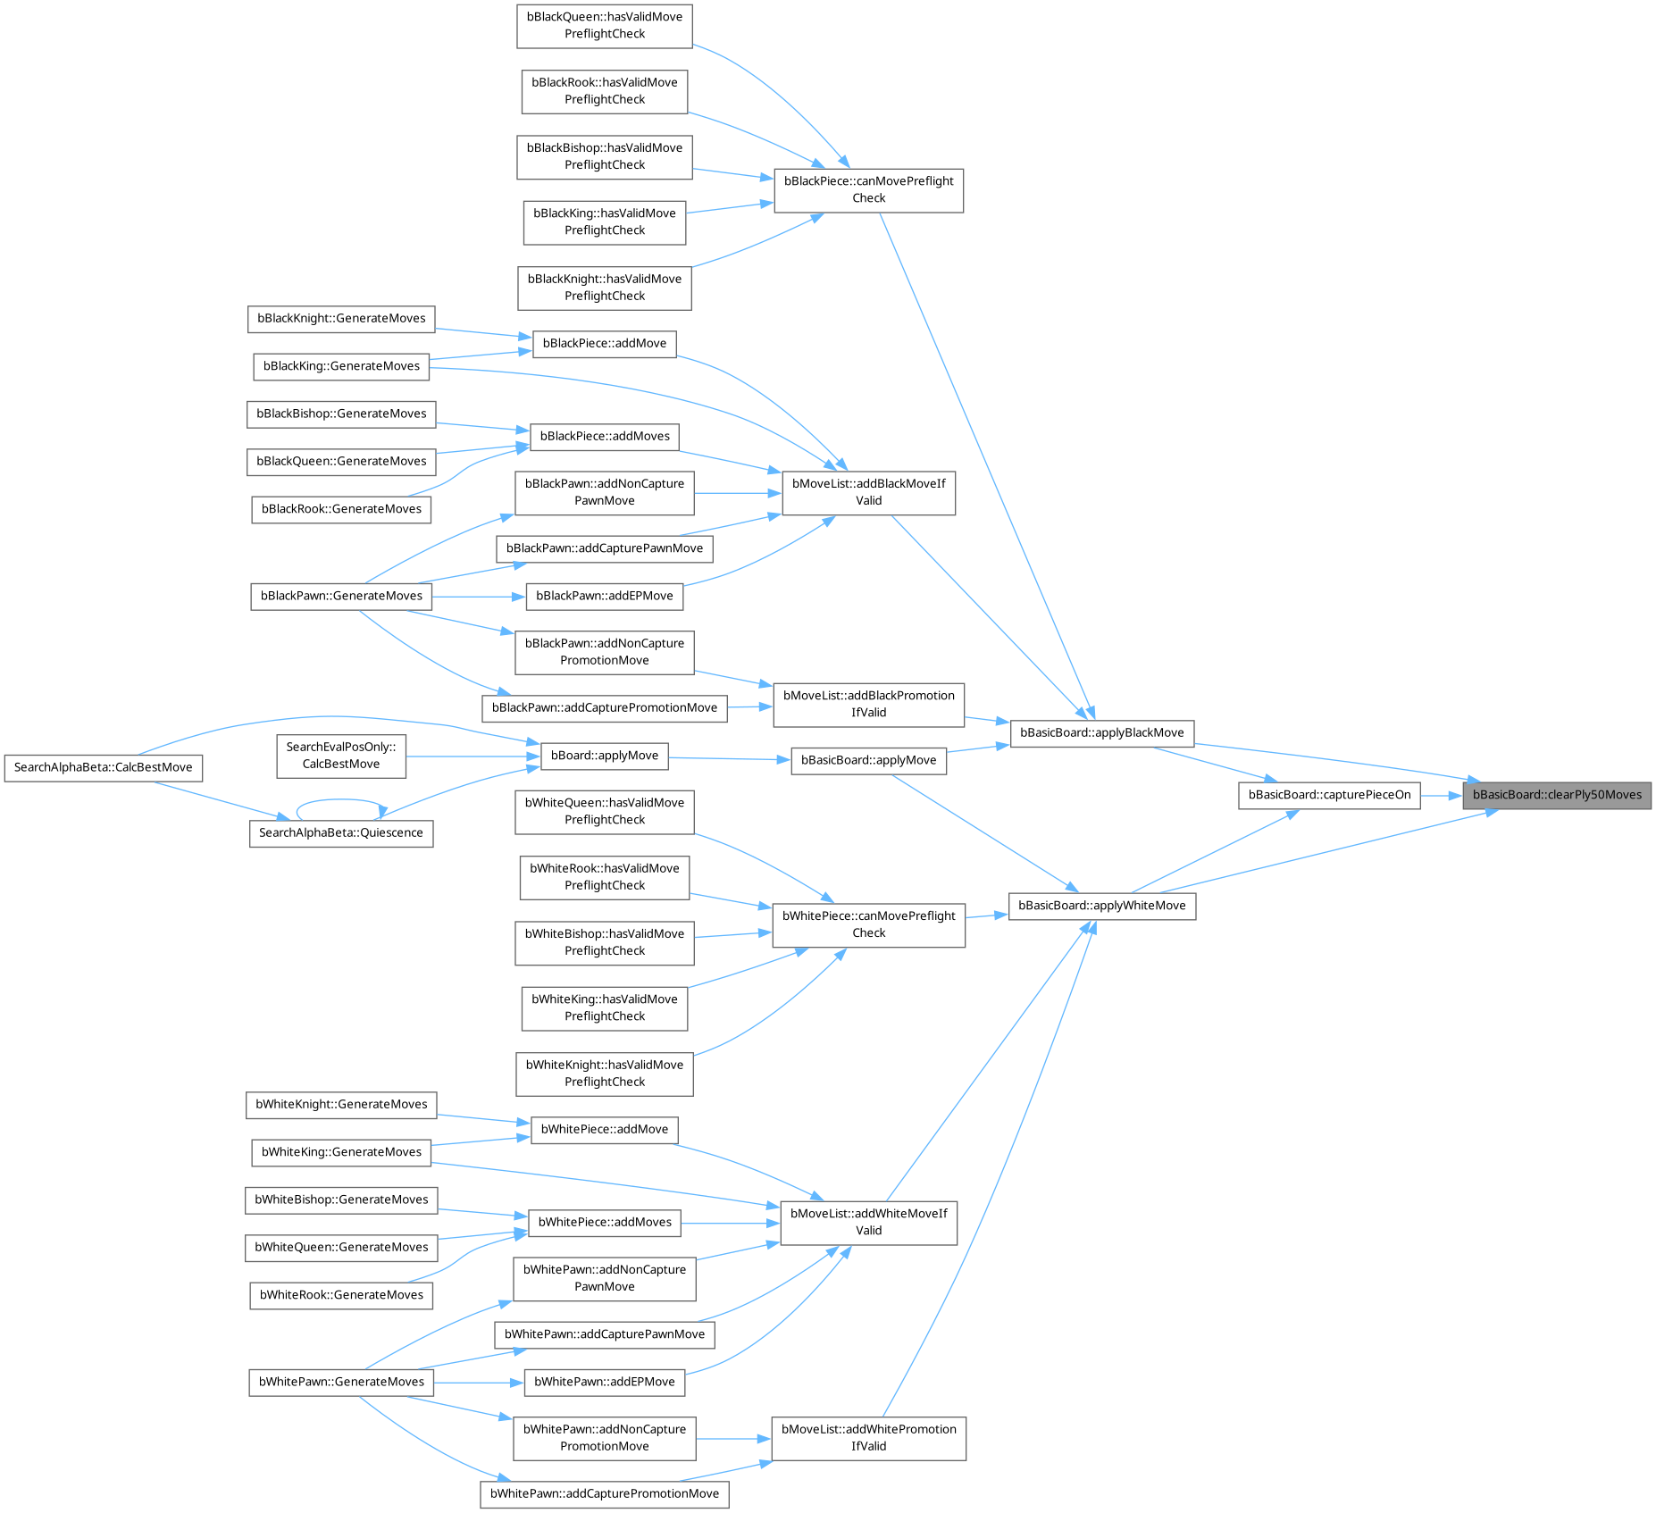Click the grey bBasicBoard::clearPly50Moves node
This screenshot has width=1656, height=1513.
pyautogui.click(x=1556, y=795)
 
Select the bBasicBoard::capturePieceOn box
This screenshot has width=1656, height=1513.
pyautogui.click(x=1329, y=795)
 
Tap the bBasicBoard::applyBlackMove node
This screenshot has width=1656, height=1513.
pyautogui.click(x=1101, y=732)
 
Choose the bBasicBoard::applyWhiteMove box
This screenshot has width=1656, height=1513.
pyautogui.click(x=1101, y=906)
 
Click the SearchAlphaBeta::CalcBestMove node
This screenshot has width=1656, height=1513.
pyautogui.click(x=104, y=767)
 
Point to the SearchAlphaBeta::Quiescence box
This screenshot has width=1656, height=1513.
pyautogui.click(x=341, y=832)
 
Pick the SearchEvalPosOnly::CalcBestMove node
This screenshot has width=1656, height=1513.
pyautogui.click(x=341, y=755)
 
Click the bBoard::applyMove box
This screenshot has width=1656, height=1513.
pyautogui.click(x=605, y=756)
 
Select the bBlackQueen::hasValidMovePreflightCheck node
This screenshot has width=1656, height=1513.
pyautogui.click(x=605, y=25)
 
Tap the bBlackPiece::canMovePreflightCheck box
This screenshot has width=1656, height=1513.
pyautogui.click(x=868, y=189)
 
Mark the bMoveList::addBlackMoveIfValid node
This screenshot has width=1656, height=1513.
pyautogui.click(x=868, y=492)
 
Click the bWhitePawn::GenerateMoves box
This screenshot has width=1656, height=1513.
pyautogui.click(x=341, y=1382)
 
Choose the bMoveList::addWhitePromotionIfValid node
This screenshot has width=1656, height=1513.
pyautogui.click(x=868, y=1438)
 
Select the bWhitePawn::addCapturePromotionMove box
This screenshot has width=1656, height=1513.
pyautogui.click(x=605, y=1493)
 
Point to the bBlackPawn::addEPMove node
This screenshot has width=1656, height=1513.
pyautogui.click(x=605, y=596)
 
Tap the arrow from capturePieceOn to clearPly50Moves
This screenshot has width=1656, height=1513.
pyautogui.click(x=1440, y=795)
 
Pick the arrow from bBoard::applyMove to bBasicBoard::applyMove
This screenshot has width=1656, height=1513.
pyautogui.click(x=729, y=759)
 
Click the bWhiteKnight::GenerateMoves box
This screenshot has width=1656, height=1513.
pyautogui.click(x=341, y=1105)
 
